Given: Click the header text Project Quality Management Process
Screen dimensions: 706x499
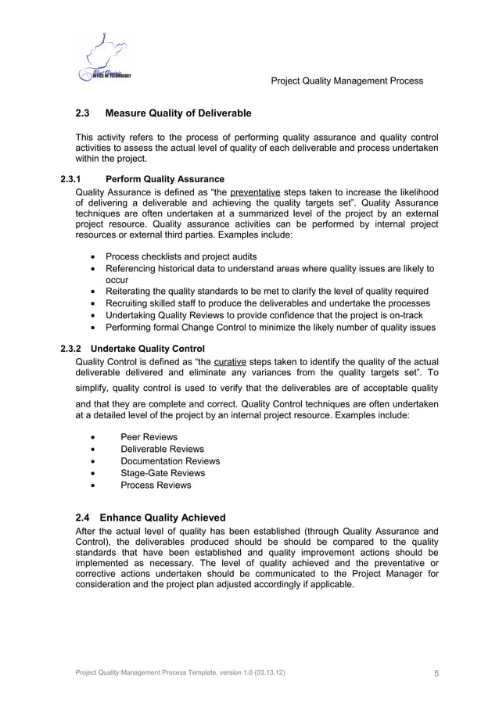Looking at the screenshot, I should (346, 81).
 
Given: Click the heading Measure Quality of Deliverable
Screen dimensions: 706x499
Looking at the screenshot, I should (178, 114).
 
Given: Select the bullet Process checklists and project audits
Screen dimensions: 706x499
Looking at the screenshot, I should (181, 256).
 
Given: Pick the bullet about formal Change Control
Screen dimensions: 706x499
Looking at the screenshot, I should (270, 327).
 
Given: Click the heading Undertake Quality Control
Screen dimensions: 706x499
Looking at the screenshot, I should (148, 348).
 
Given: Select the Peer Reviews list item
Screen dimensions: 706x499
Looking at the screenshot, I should (149, 437).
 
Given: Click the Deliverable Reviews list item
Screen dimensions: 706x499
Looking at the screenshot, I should (162, 449).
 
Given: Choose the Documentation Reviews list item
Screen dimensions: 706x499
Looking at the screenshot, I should (170, 461).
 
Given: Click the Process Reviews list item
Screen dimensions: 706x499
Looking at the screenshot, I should (156, 485).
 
